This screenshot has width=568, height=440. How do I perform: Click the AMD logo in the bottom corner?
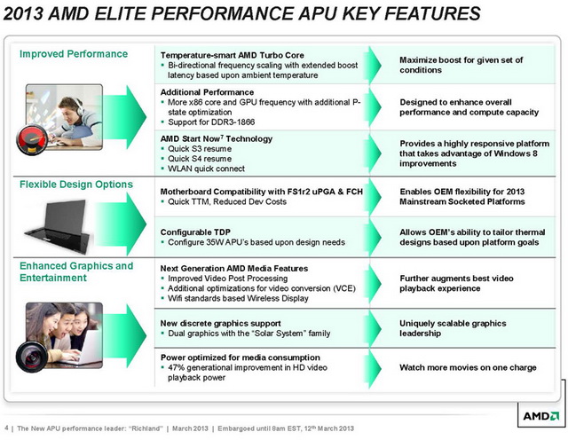540,416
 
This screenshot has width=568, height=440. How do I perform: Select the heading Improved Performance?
74,54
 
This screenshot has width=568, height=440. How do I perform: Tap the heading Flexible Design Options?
76,185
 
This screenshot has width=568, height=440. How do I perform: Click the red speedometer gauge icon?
32,140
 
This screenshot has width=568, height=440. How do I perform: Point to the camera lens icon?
32,357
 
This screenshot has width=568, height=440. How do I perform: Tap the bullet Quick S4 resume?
200,159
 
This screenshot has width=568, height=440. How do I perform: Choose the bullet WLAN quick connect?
206,169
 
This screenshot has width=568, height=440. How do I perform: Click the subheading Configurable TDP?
195,232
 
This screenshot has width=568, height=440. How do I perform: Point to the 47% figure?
177,367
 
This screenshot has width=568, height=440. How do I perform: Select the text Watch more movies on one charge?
468,367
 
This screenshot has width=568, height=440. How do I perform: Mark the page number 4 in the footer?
6,428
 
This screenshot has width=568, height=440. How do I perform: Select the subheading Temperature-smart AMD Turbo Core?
233,55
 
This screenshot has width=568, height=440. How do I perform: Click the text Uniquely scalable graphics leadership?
453,328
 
